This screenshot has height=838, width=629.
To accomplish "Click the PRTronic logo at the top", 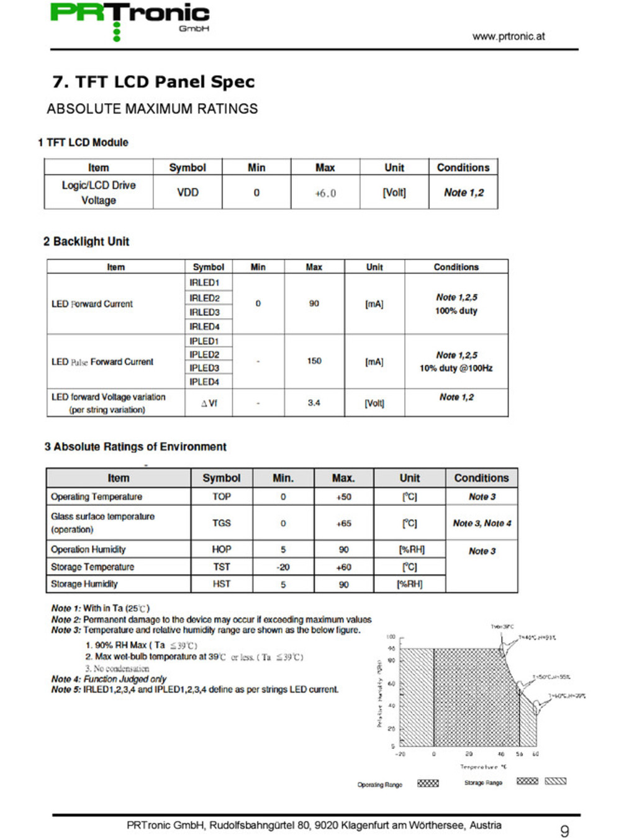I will tap(130, 19).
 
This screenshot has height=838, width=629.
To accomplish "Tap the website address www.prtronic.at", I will tap(508, 36).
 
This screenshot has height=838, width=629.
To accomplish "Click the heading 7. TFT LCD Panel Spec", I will tap(153, 82).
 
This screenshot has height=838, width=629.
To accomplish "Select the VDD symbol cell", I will tap(188, 192).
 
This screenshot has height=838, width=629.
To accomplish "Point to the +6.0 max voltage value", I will tap(325, 193).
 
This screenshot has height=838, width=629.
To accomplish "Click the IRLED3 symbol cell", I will tap(204, 312).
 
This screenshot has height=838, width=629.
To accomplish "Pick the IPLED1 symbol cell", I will tap(204, 341).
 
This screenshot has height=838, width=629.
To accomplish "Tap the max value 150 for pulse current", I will tap(314, 361).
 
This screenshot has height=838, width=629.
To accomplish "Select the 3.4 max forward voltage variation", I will tap(314, 403).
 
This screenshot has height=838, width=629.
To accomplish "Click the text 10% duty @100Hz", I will tap(456, 368).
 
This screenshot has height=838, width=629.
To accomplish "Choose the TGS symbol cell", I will tap(221, 523).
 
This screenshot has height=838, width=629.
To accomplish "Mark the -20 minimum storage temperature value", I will tap(283, 567).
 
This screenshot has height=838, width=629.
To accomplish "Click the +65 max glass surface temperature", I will tap(343, 523).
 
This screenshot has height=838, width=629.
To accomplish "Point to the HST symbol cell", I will tap(221, 584).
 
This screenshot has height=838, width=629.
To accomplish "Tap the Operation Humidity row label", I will tap(88, 549).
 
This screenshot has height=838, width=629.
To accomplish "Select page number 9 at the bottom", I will tap(564, 831).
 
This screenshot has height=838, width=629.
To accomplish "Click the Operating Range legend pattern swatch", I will tap(428, 783).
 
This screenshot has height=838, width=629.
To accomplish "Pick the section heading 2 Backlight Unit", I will tap(86, 241).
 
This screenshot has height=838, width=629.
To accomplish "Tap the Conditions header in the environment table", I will tap(481, 478).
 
